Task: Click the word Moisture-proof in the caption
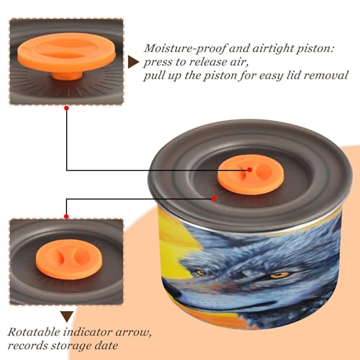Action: pyautogui.click(x=185, y=49)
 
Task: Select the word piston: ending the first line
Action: pyautogui.click(x=315, y=49)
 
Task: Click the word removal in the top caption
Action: pyautogui.click(x=326, y=76)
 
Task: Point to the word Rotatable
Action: pyautogui.click(x=34, y=332)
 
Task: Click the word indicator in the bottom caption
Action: pyautogui.click(x=88, y=332)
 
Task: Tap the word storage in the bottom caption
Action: pyautogui.click(x=71, y=346)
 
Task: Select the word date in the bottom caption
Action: pyautogui.click(x=106, y=346)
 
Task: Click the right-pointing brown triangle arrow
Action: pyautogui.click(x=133, y=62)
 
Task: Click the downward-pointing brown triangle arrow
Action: pyautogui.click(x=67, y=316)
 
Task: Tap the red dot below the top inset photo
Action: pyautogui.click(x=67, y=108)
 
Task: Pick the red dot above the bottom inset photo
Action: pyautogui.click(x=66, y=217)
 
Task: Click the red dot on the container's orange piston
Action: pyautogui.click(x=250, y=170)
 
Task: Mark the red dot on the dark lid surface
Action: pyautogui.click(x=214, y=199)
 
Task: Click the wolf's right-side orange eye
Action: pyautogui.click(x=279, y=274)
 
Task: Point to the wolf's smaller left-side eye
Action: pyautogui.click(x=200, y=272)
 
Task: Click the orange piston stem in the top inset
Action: pyautogui.click(x=68, y=76)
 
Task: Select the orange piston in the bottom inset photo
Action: pyautogui.click(x=69, y=259)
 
